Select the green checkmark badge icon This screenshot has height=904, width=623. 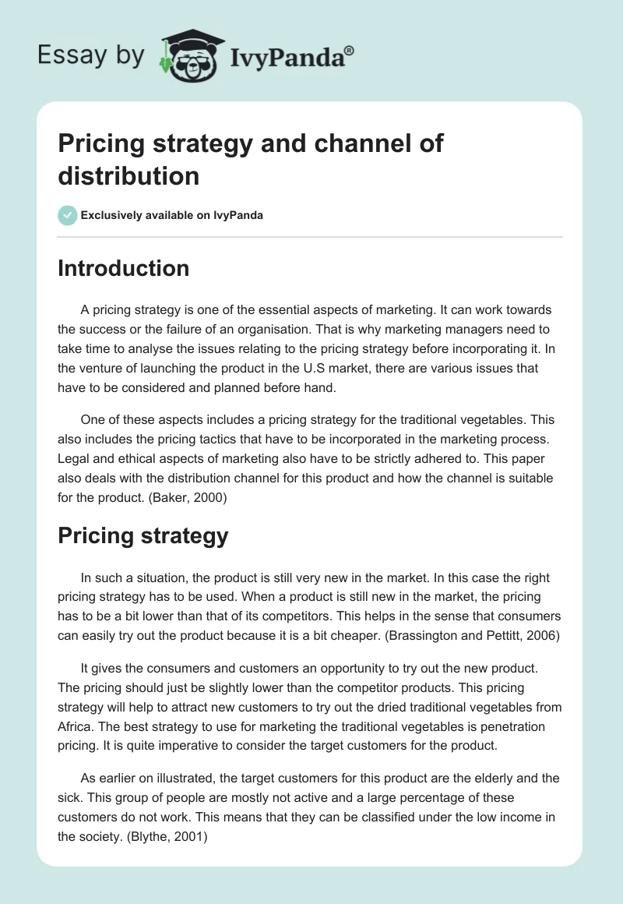[x=68, y=215]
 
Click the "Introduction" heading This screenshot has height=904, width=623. [x=124, y=268]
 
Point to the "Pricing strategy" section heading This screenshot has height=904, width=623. [x=143, y=535]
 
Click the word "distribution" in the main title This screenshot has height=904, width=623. [x=128, y=176]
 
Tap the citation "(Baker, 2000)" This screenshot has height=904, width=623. [x=186, y=500]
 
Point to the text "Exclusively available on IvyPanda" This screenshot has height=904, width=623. [x=172, y=215]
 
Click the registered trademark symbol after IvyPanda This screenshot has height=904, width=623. [x=350, y=50]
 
